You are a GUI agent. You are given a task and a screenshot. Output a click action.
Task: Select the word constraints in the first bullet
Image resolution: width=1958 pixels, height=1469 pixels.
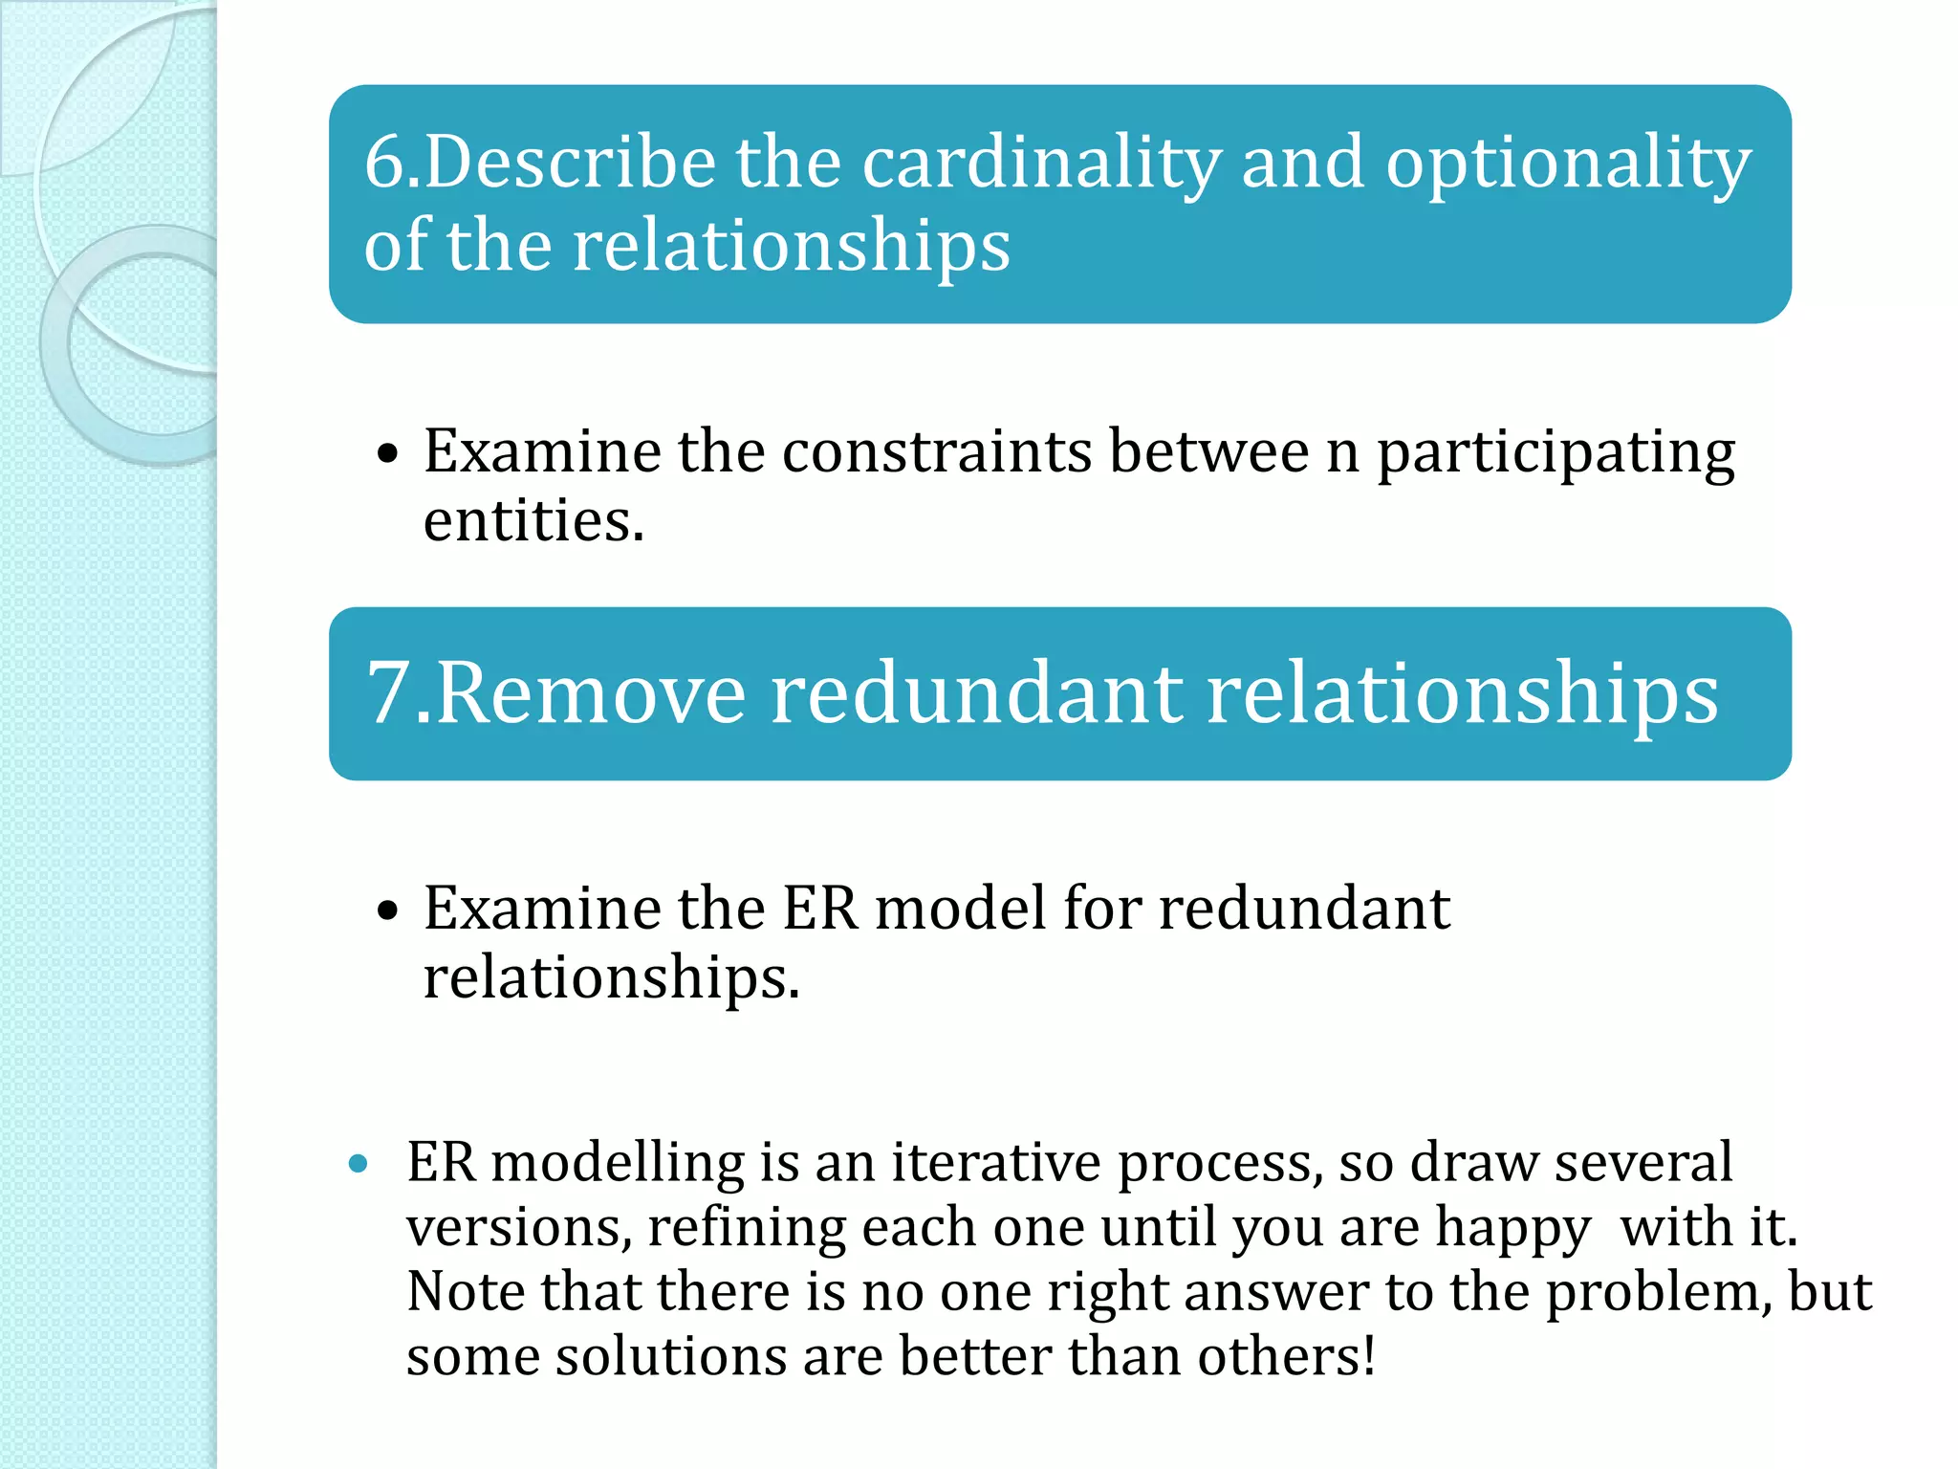[x=936, y=451]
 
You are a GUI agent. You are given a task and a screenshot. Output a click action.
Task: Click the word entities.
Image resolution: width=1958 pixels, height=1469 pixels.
[x=533, y=521]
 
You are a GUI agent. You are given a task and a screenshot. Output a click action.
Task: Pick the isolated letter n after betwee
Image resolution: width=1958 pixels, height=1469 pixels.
[x=1342, y=453]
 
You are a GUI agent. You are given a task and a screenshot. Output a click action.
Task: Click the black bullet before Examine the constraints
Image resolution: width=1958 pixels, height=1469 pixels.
[x=386, y=453]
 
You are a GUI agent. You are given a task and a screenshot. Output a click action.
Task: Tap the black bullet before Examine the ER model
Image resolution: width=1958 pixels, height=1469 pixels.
[x=386, y=910]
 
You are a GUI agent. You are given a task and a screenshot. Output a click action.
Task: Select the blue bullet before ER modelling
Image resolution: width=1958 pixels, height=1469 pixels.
[x=359, y=1164]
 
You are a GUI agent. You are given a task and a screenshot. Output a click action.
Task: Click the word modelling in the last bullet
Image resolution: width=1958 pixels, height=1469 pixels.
[x=618, y=1164]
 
